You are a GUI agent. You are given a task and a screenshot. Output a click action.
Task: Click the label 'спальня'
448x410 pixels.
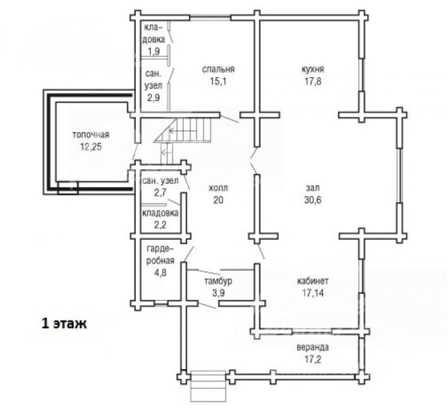219,70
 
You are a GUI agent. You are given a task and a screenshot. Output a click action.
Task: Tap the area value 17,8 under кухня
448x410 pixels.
313,81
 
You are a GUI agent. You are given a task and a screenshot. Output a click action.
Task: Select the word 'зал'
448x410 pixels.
313,188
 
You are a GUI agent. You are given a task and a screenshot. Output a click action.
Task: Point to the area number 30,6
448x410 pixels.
313,200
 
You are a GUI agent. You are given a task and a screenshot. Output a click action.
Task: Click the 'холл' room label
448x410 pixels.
219,188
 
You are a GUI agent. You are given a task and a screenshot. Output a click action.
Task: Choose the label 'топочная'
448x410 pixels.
91,135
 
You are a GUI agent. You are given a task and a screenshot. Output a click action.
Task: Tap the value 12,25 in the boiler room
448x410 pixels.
91,147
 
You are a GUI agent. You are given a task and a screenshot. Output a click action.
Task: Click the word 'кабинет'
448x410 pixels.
313,281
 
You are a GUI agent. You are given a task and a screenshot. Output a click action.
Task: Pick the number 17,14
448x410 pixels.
313,292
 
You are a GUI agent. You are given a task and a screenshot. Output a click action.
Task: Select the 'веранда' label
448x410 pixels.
313,347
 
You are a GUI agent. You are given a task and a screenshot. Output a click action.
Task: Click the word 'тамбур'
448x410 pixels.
218,281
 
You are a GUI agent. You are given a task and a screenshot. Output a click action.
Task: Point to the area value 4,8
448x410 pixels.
160,273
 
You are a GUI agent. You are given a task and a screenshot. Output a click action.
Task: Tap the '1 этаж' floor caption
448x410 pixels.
64,324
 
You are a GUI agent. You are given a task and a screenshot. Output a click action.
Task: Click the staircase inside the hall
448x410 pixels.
183,130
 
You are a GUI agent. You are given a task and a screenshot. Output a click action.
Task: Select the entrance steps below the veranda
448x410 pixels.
208,386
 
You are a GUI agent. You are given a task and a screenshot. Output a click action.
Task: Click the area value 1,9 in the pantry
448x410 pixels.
154,51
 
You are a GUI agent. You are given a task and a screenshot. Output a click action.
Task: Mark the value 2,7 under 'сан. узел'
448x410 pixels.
160,193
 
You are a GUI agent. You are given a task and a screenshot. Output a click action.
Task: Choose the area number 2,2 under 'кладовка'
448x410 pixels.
160,225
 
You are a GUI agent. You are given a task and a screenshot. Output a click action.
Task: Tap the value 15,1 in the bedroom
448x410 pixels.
219,81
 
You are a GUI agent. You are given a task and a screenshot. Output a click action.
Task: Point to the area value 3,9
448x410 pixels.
219,293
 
